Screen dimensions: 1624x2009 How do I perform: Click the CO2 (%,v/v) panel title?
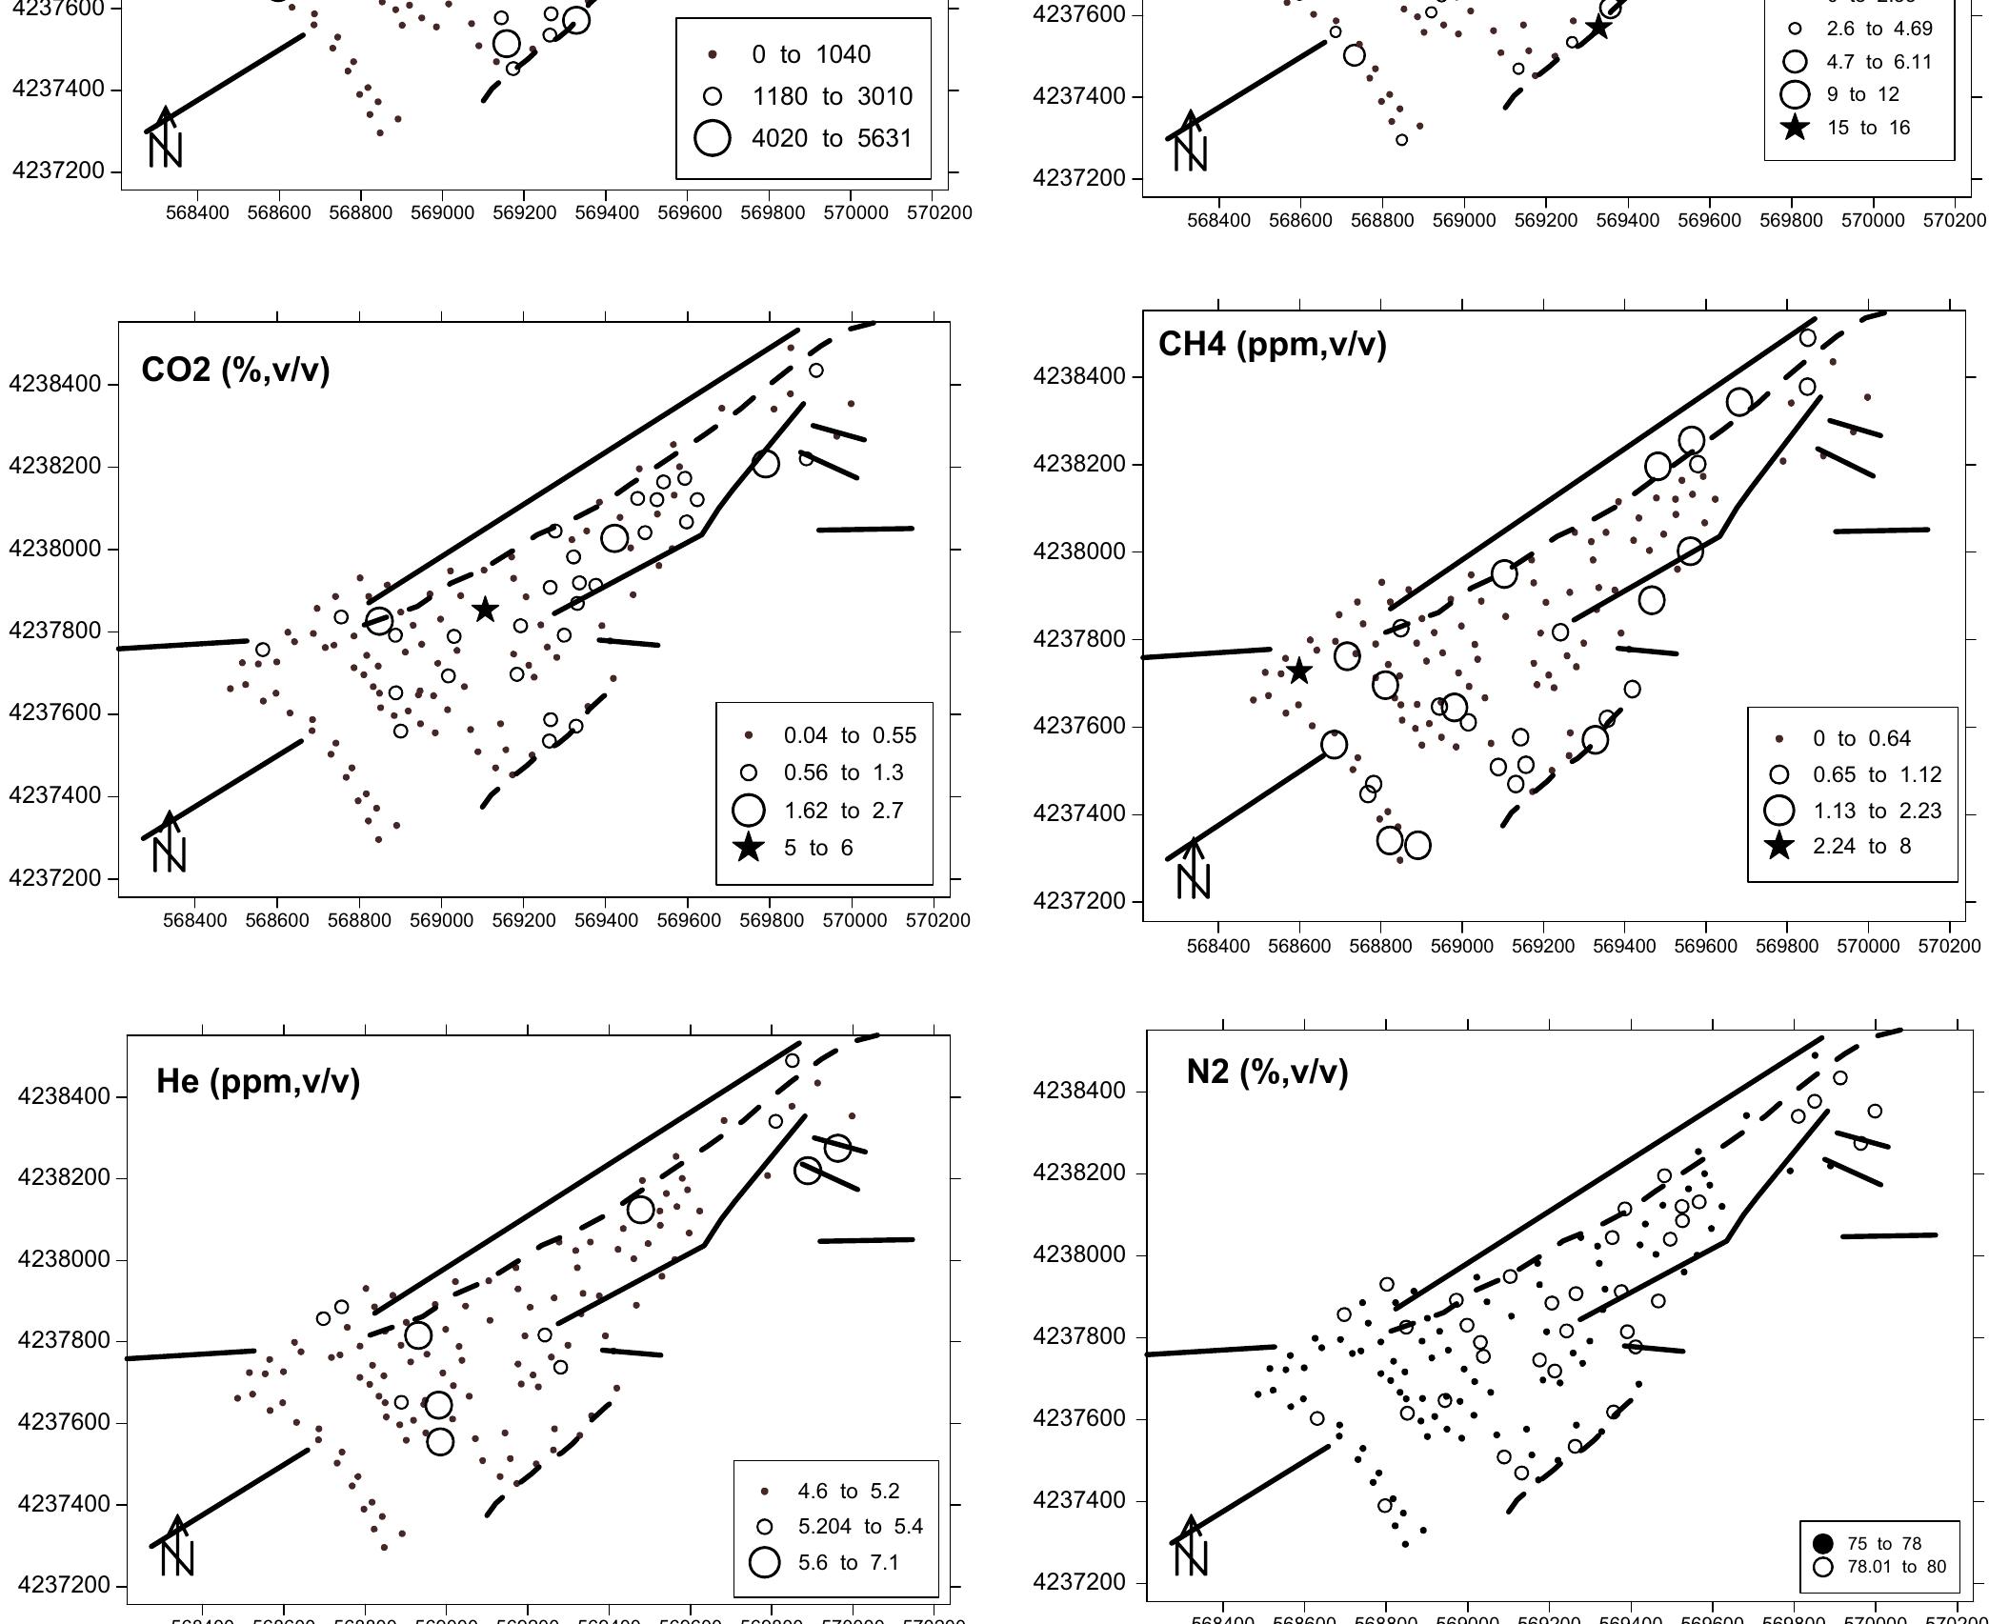coord(235,370)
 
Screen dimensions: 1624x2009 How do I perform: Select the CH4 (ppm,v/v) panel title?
coord(1272,344)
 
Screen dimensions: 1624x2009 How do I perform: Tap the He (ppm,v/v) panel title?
coord(258,1081)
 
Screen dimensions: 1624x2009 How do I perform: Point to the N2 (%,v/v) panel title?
coord(1267,1073)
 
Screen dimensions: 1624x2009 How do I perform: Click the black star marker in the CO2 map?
coord(485,610)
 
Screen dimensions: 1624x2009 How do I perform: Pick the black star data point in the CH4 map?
coord(1298,672)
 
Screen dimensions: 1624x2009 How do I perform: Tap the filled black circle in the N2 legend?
coord(1823,1544)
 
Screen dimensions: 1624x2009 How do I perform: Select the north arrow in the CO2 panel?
coord(169,843)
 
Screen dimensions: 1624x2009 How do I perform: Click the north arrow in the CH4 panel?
coord(1193,869)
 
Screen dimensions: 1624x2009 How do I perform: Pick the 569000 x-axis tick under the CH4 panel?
coord(1461,946)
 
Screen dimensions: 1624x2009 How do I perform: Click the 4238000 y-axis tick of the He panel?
coord(64,1259)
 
